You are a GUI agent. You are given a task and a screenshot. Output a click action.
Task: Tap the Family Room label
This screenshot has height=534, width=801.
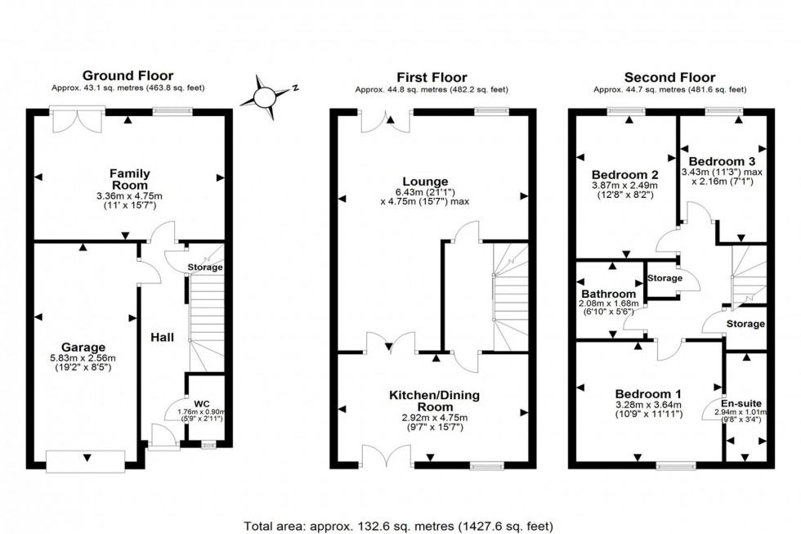coord(127,177)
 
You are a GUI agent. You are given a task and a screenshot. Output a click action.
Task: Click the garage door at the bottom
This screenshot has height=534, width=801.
coord(87,461)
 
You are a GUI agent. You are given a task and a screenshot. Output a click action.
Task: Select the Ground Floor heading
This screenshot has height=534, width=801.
coord(127,77)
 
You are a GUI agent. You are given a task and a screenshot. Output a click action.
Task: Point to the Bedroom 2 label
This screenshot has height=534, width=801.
coord(625,173)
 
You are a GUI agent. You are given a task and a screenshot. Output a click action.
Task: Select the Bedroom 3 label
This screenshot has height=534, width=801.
coord(720,161)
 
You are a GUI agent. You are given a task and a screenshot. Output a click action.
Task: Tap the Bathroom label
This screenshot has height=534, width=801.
coord(608,294)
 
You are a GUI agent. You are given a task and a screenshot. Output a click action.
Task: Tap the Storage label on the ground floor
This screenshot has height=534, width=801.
coord(205,267)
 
